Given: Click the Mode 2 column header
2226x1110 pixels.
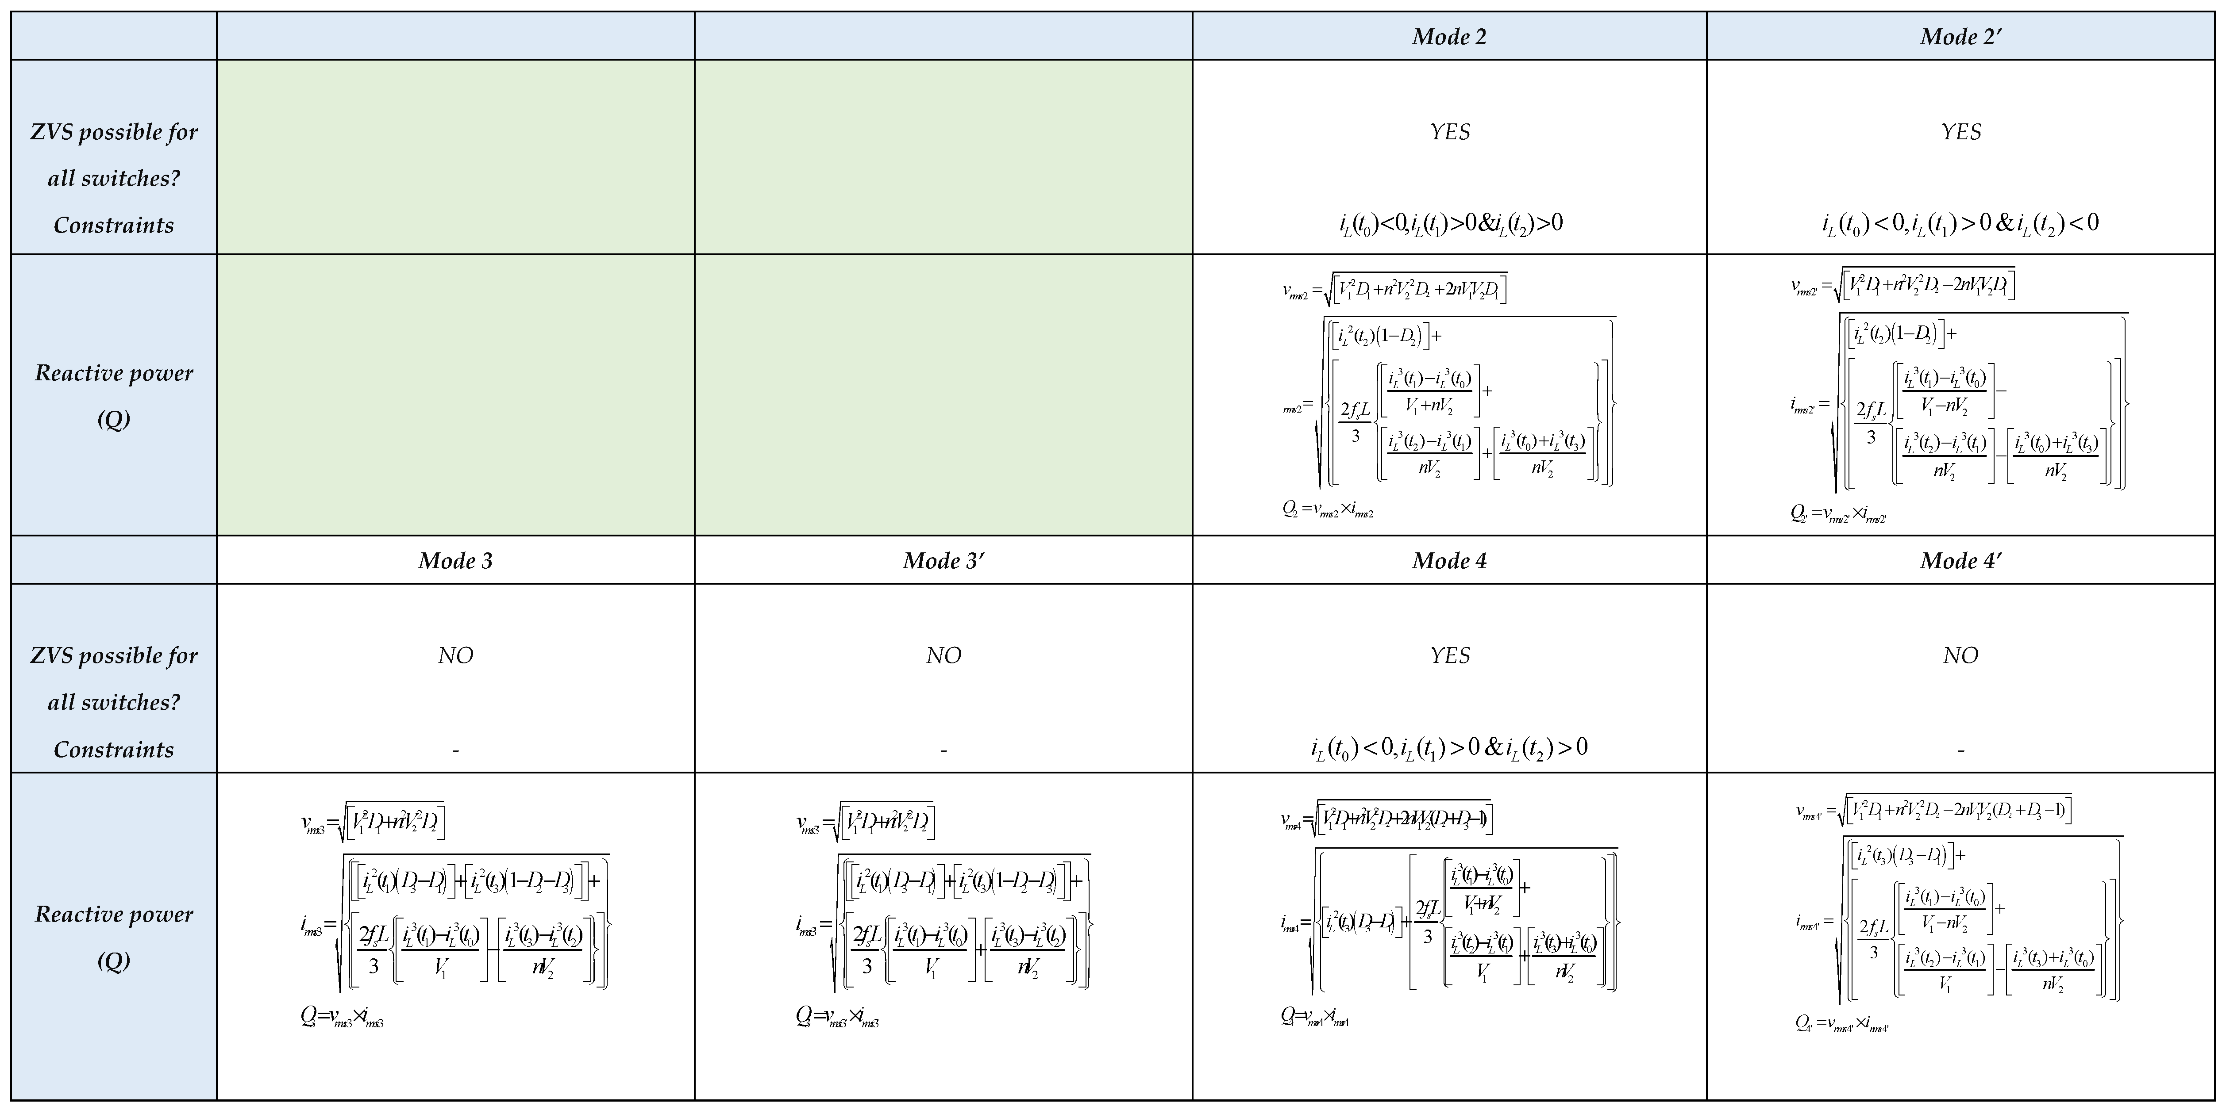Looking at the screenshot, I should [1449, 36].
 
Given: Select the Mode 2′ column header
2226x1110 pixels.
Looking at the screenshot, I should [1961, 36].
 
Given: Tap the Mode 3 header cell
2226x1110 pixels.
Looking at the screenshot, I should [455, 561].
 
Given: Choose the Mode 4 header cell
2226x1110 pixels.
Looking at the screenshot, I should [1449, 561].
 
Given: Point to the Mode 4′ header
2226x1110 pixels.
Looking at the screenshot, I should [1961, 561].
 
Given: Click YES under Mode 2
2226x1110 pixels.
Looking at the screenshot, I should [1449, 132].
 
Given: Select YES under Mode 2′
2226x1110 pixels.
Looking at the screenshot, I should [1961, 132].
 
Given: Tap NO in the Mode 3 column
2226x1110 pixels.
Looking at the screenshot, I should [455, 656].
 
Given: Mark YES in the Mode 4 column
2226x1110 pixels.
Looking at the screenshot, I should [1449, 656].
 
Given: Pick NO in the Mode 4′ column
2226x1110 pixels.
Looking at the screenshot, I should [1961, 656].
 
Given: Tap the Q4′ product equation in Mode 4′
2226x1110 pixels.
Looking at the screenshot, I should [1841, 1025].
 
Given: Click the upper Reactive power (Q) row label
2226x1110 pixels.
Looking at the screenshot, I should [113, 396].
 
